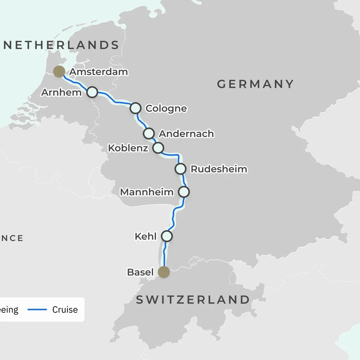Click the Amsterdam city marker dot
59,71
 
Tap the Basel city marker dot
164,272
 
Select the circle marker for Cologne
136,108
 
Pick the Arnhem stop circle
92,92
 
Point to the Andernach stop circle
149,133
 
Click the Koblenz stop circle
158,148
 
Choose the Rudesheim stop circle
181,169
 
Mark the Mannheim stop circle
184,192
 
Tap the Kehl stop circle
167,236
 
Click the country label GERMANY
255,84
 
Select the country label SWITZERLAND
193,300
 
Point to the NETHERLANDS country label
61,45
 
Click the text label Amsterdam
99,72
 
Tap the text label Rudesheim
219,169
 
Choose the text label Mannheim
147,192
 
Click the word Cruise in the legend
65,310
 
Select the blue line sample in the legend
37,310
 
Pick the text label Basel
140,272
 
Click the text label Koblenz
128,148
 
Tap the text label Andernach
186,134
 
